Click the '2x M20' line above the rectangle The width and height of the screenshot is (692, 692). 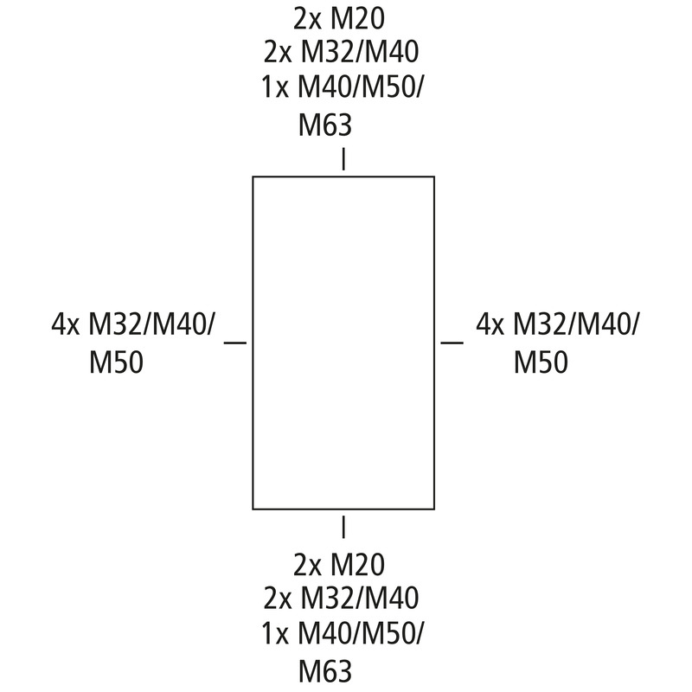point(339,20)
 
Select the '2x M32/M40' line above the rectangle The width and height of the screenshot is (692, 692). point(341,53)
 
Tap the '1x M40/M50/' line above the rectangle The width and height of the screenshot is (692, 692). point(342,88)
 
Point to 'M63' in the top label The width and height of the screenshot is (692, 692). point(325,125)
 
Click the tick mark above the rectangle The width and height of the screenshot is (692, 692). point(343,159)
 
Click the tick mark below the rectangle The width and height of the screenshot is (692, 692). point(343,527)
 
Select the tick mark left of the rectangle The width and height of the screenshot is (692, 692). point(235,342)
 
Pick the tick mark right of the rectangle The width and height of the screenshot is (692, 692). point(452,342)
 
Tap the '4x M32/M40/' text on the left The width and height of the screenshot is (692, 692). point(134,325)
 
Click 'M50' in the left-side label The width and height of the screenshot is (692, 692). point(117,362)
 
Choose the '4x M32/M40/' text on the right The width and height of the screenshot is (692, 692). point(557,325)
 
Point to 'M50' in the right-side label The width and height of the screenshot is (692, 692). point(541,362)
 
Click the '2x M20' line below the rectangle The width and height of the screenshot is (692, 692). point(339,566)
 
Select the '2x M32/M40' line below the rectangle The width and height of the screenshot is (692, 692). point(341,599)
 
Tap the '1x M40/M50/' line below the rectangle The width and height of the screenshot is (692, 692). point(342,634)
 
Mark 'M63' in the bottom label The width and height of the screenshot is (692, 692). point(325,671)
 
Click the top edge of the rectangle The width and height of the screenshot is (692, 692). point(343,177)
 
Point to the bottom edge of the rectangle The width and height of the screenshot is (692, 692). point(343,509)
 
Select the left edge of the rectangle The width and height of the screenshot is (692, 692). point(253,343)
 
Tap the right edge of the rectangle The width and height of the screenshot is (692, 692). point(434,343)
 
